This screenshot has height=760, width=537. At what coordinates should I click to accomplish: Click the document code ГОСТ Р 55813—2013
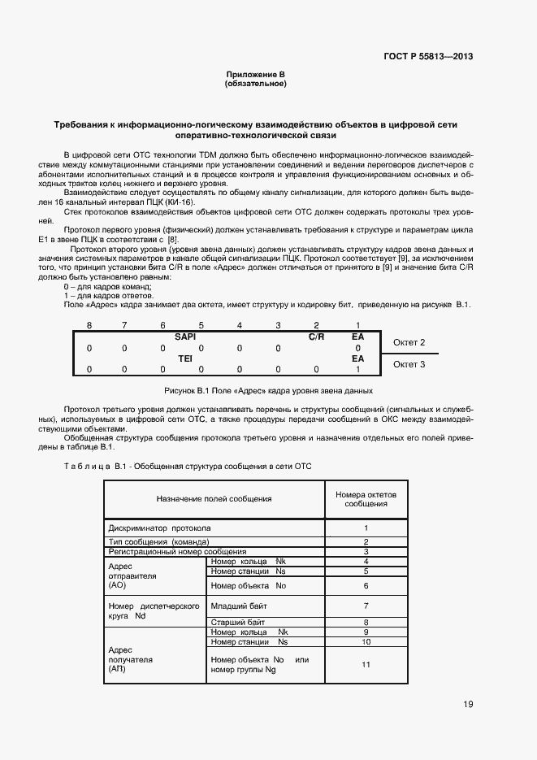428,56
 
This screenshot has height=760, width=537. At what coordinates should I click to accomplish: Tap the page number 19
468,704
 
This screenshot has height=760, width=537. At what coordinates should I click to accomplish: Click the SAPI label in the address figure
185,336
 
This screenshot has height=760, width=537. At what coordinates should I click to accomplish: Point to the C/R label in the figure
316,336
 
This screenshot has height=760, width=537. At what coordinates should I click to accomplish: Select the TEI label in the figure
184,358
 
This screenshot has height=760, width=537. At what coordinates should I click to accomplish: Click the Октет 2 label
409,342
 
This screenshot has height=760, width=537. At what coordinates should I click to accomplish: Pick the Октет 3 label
409,364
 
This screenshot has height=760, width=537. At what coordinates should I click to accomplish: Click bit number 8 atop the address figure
89,325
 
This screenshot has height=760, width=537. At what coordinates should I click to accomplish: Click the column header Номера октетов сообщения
366,498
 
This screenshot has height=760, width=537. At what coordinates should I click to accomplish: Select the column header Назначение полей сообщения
214,498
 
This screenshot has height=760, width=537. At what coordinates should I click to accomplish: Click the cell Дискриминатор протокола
159,527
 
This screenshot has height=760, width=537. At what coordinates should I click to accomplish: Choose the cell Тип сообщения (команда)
159,541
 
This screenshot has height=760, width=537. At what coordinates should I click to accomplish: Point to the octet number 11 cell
366,664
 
